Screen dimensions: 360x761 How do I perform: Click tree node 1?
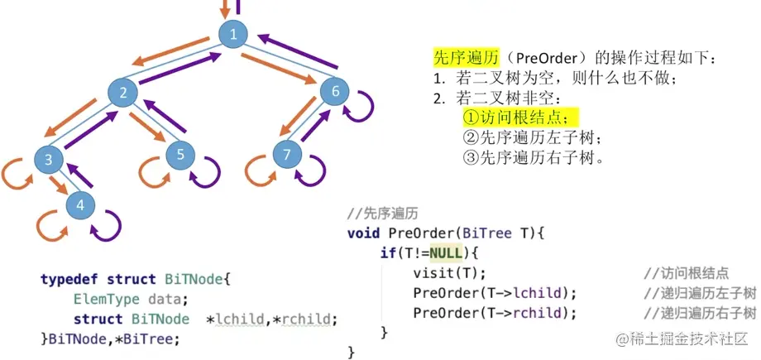tap(234, 34)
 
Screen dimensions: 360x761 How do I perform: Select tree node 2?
tap(122, 93)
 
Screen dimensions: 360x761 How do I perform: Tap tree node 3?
tap(49, 159)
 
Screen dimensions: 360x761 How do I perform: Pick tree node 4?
tap(80, 204)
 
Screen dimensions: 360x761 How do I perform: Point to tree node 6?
tap(335, 91)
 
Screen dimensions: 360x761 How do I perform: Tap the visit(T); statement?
tap(449, 273)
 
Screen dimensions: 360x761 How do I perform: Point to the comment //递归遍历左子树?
tap(699, 293)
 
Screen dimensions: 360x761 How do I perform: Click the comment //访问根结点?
tap(686, 273)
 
